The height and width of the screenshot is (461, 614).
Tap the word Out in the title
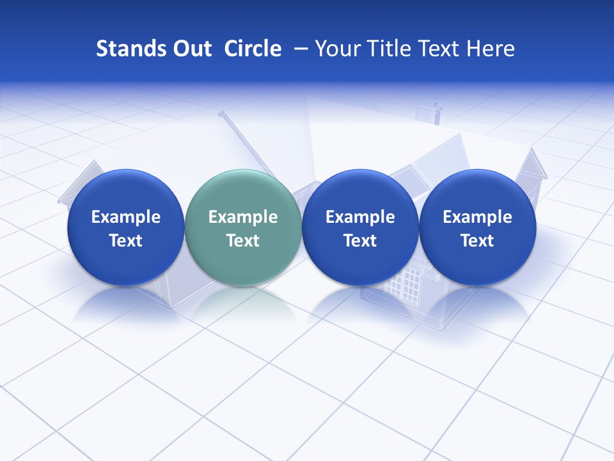click(191, 49)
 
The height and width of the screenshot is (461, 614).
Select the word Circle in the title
click(253, 49)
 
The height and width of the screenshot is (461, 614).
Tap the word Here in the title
click(491, 49)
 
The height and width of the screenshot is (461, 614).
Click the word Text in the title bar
click(439, 49)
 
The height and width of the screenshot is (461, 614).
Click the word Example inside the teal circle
click(243, 217)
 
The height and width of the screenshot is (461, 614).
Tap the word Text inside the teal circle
click(243, 241)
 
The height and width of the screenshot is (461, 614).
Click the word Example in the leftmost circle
click(126, 217)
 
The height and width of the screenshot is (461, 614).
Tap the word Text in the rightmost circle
click(477, 241)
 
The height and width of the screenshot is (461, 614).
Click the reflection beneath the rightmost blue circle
click(477, 304)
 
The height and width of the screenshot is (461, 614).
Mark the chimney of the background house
click(428, 111)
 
